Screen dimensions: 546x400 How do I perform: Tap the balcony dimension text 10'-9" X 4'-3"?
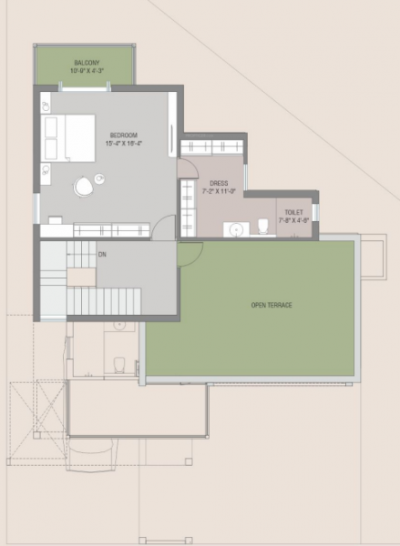[88, 71]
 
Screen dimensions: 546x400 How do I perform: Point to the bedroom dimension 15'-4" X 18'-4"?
[124, 143]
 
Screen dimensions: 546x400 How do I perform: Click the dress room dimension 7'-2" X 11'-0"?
[219, 191]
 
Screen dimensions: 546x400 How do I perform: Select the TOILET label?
[294, 211]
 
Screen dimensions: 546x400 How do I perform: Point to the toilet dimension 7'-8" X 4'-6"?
[294, 219]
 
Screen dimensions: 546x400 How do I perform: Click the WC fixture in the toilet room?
[262, 226]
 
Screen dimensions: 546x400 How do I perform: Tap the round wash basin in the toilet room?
[235, 228]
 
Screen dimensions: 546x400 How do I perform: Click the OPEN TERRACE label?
[272, 305]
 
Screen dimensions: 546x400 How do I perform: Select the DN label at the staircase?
[102, 255]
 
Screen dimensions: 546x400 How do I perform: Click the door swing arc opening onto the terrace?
[190, 254]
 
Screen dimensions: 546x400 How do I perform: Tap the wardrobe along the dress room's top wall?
[212, 147]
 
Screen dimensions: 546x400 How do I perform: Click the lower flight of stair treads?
[103, 299]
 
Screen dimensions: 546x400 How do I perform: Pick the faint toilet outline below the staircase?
[117, 363]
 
